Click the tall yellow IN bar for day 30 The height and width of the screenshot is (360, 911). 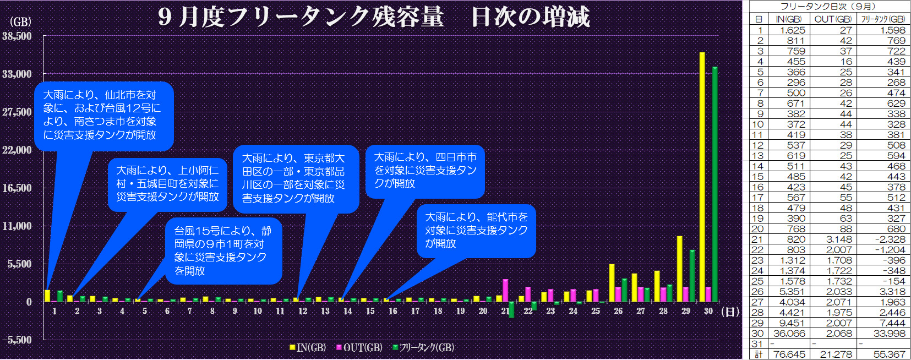[x=702, y=176]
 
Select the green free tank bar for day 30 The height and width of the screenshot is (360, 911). [x=714, y=184]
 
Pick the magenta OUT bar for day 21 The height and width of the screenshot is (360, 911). [x=505, y=290]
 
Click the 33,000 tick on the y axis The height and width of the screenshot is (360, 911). [x=17, y=74]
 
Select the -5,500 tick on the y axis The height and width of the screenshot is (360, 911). [x=17, y=340]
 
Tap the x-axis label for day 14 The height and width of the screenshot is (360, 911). [x=347, y=311]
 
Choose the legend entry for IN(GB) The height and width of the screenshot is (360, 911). [x=308, y=347]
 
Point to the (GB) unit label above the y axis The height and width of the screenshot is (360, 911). [x=20, y=22]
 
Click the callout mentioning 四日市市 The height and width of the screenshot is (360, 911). [x=425, y=170]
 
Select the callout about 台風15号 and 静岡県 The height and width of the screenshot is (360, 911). [x=223, y=250]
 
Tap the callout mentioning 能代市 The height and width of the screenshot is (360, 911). [x=476, y=230]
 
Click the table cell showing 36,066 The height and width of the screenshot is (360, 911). [x=789, y=334]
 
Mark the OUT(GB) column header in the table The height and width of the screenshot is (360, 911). [x=833, y=19]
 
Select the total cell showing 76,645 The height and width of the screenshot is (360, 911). [x=789, y=354]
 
